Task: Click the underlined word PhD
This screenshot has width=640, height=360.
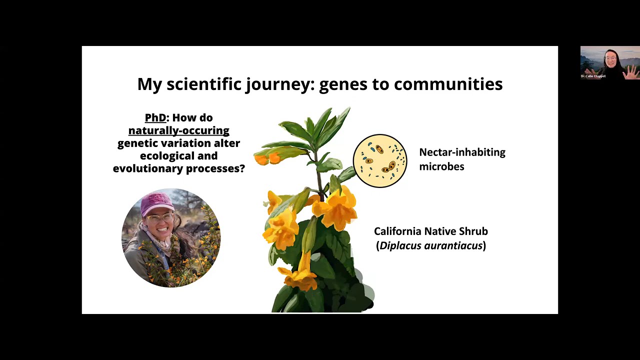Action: pos(155,118)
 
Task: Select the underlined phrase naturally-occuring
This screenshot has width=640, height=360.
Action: pos(178,130)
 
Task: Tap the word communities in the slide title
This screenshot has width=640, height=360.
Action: pos(448,84)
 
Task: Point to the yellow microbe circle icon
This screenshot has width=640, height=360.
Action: pos(380,161)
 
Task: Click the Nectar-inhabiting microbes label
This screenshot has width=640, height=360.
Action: pos(461,159)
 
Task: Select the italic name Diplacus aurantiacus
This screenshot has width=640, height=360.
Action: pos(430,245)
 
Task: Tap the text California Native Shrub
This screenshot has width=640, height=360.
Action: pos(430,231)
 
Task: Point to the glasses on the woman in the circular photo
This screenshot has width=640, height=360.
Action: pos(159,219)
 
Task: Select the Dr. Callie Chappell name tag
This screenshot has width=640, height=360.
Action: pos(593,76)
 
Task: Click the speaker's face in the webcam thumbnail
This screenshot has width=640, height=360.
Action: pos(610,59)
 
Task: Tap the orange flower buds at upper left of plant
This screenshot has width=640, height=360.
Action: pos(268,158)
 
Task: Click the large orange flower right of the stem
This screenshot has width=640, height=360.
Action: pos(337,207)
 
